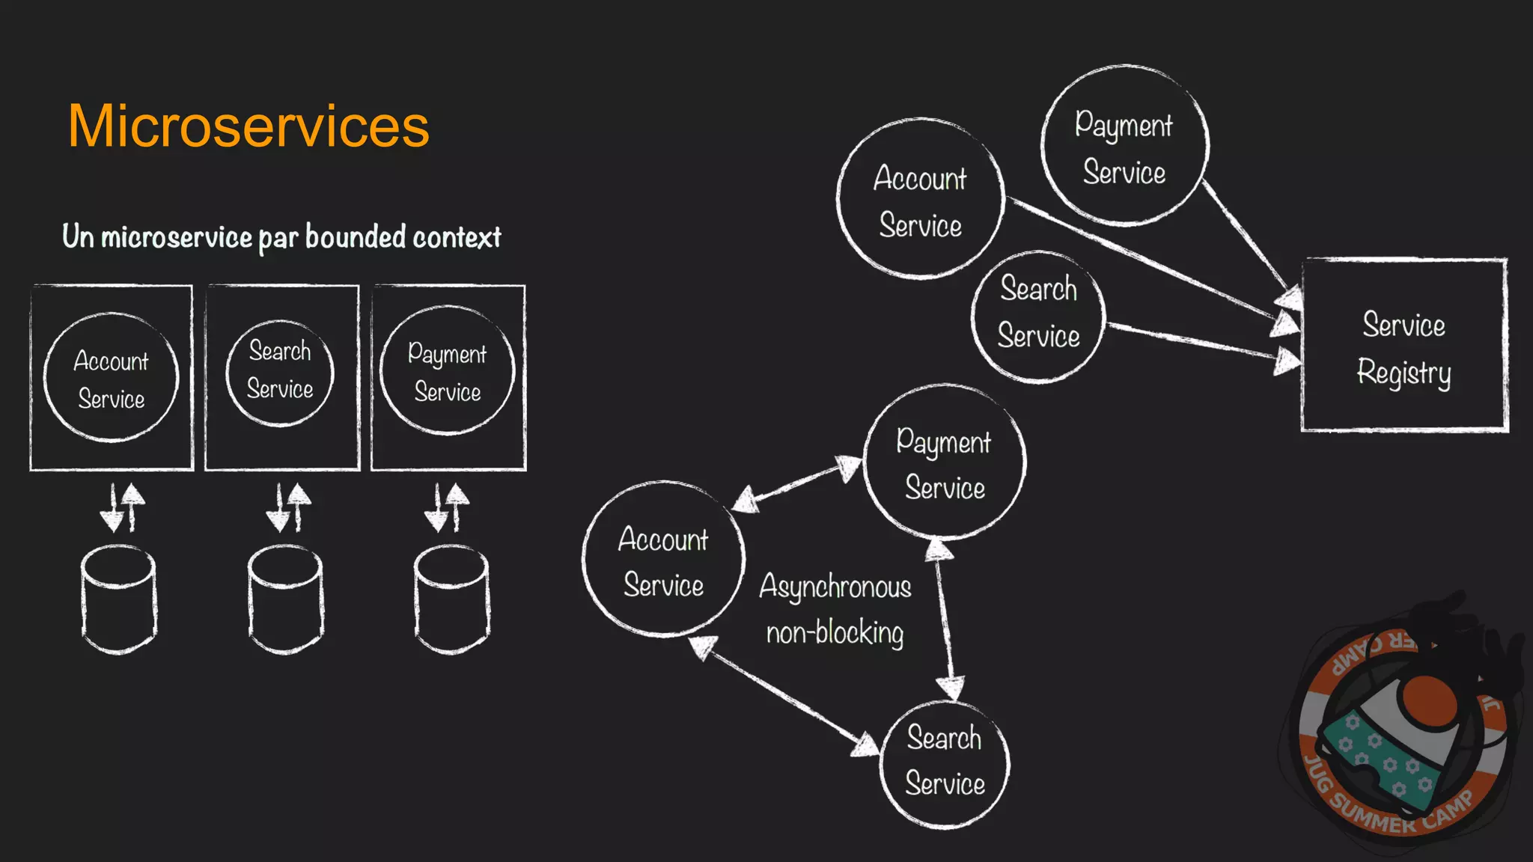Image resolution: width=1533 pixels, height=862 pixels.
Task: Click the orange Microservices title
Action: point(249,126)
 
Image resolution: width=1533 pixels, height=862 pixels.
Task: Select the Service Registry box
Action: point(1404,346)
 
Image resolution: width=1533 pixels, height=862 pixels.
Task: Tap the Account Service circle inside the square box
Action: point(111,378)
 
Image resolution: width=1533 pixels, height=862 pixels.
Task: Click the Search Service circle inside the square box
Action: point(280,372)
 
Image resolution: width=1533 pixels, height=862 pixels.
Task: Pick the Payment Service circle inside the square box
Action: point(448,370)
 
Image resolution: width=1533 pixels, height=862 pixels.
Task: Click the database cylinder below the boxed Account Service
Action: point(118,599)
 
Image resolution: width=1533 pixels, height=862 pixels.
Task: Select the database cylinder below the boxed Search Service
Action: point(286,599)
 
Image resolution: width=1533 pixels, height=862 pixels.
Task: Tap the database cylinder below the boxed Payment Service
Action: point(452,599)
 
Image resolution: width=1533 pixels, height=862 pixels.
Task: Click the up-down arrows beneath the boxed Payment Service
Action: point(447,507)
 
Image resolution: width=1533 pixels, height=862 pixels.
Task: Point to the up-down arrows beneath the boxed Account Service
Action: point(123,507)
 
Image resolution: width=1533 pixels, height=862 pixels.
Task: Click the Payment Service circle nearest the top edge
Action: point(1124,147)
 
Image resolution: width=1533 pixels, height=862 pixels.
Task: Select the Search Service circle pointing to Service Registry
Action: point(1038,316)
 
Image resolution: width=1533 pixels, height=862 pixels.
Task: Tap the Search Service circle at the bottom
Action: point(945,763)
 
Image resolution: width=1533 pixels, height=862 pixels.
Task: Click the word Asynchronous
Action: point(835,587)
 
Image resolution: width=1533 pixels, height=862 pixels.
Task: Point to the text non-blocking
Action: point(835,633)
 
